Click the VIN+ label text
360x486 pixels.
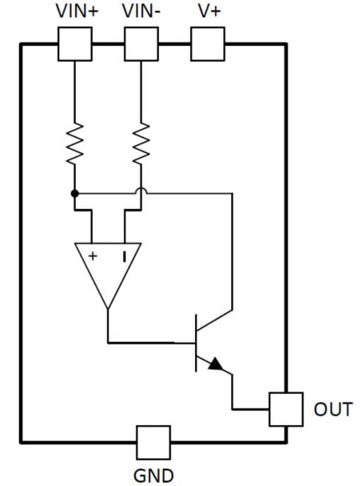(x=76, y=11)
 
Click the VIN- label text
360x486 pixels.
(x=141, y=11)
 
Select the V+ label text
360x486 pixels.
(x=207, y=11)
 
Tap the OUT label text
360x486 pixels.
(x=333, y=409)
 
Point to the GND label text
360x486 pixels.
(x=154, y=475)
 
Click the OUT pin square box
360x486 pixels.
(x=285, y=409)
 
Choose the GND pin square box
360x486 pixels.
(x=153, y=442)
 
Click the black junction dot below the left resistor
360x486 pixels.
(x=75, y=193)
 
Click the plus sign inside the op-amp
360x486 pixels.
(x=92, y=257)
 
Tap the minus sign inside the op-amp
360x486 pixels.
(x=123, y=257)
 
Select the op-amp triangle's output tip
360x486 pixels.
(x=108, y=307)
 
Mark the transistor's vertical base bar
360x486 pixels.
(x=196, y=343)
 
